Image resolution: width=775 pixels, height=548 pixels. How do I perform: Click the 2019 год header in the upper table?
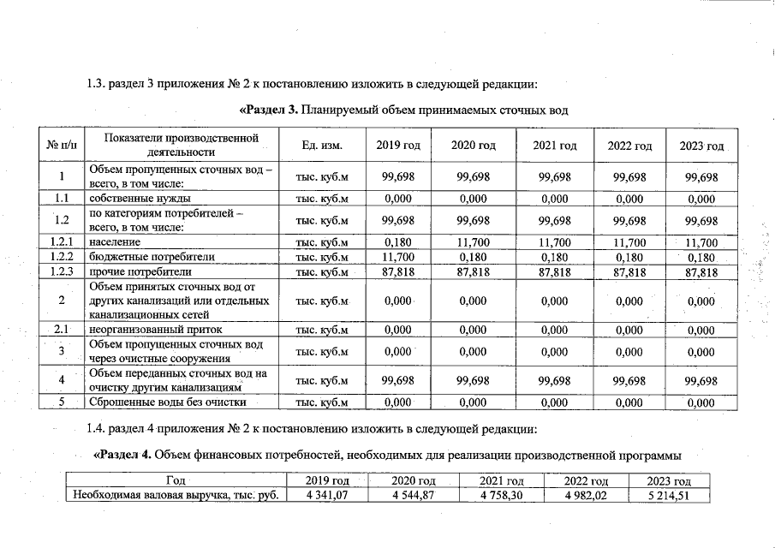pyautogui.click(x=398, y=146)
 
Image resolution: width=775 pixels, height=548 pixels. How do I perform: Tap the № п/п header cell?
pyautogui.click(x=63, y=146)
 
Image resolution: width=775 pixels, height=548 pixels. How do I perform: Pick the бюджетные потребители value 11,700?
pyautogui.click(x=398, y=257)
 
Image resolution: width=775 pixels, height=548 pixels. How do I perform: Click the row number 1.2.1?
pyautogui.click(x=63, y=242)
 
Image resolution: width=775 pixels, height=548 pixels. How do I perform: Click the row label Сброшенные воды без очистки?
pyautogui.click(x=168, y=402)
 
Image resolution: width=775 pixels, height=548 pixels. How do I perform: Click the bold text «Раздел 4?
pyautogui.click(x=127, y=452)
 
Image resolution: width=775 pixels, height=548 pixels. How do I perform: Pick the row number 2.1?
pyautogui.click(x=63, y=330)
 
